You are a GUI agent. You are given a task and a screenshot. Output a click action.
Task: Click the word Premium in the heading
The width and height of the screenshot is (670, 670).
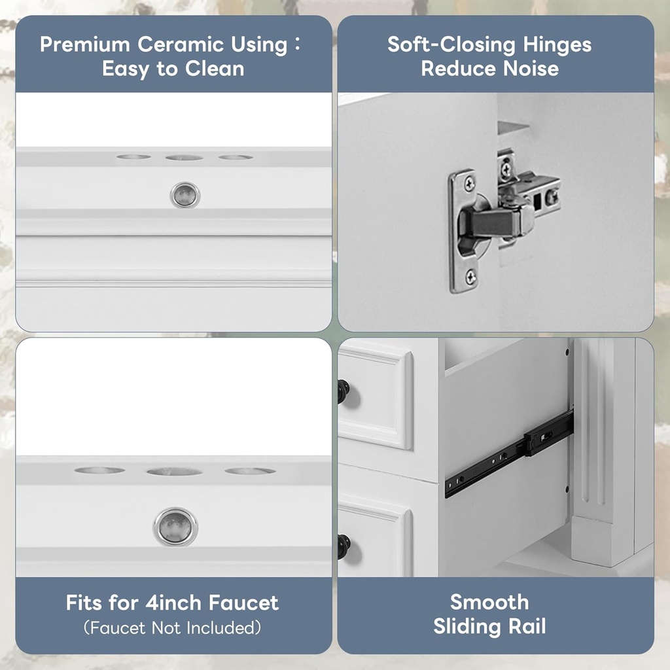click(x=85, y=45)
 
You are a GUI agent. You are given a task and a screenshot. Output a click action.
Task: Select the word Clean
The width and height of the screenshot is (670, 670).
click(x=215, y=69)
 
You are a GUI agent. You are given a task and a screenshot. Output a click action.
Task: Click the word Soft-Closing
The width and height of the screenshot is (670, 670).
click(x=451, y=45)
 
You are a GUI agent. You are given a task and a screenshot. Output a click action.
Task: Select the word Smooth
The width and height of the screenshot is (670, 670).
click(x=489, y=602)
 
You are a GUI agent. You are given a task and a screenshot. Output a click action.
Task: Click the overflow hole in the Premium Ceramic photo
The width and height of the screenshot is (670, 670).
click(x=185, y=195)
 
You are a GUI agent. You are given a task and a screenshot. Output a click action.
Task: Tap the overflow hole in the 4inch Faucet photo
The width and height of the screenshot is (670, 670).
click(x=175, y=527)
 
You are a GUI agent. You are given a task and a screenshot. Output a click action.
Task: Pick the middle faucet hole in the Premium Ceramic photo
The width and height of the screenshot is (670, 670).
click(x=184, y=158)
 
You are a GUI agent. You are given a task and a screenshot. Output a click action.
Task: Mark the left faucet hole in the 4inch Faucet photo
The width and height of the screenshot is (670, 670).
click(x=99, y=470)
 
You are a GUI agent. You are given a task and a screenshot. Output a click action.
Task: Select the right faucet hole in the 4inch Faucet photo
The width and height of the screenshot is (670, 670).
click(x=250, y=471)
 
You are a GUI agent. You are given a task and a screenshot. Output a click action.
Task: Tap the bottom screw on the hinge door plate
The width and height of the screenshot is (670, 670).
click(x=471, y=277)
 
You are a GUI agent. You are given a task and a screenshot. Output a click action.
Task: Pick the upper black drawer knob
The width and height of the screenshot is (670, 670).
click(x=344, y=391)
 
